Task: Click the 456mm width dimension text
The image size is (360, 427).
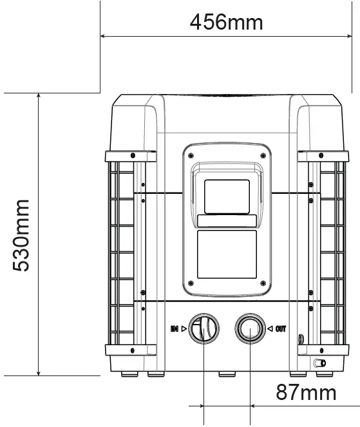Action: tap(226, 22)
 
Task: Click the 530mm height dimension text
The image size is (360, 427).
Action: tap(22, 235)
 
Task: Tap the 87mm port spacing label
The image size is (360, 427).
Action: tap(306, 392)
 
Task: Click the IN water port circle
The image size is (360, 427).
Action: tap(204, 329)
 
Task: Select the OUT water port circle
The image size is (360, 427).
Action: tap(249, 329)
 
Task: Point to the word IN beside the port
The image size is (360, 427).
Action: tap(174, 329)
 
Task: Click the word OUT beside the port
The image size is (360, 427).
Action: tap(281, 329)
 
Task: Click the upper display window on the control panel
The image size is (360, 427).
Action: tap(226, 196)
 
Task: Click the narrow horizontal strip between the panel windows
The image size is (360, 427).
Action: tap(226, 220)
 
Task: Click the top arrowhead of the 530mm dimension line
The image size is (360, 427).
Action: tap(39, 97)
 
